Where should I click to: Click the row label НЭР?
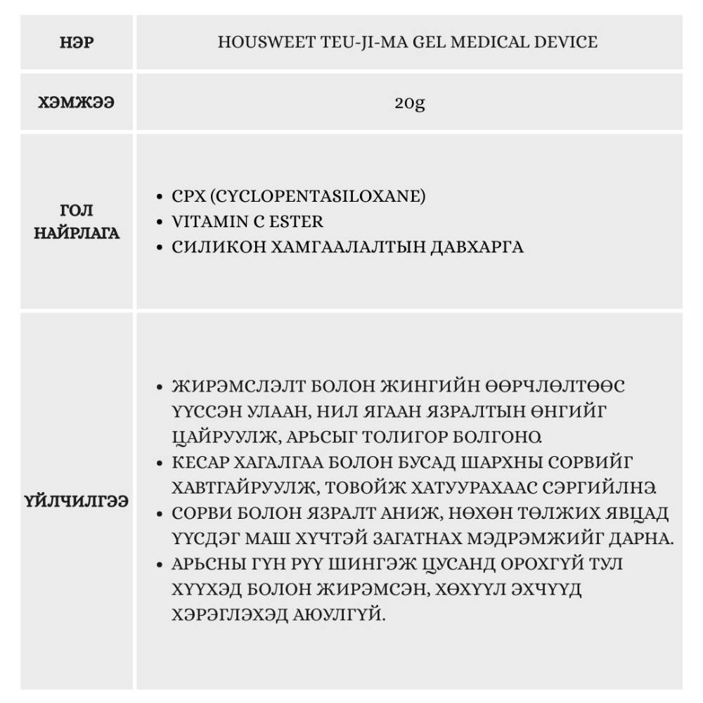[x=77, y=42]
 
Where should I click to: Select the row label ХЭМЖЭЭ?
[x=77, y=103]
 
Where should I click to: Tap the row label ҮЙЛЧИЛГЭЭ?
[x=77, y=503]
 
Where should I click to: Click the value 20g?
[x=409, y=103]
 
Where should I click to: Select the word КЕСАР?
[x=198, y=462]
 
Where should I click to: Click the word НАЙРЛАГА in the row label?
[x=77, y=233]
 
